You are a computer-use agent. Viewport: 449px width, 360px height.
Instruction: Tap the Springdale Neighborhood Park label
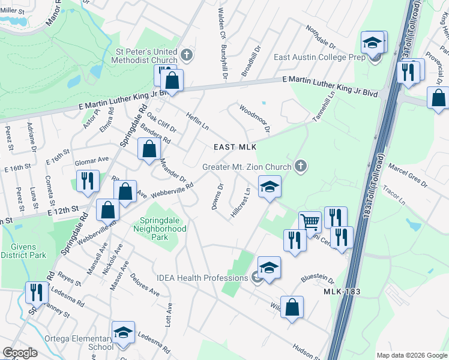[x=163, y=229]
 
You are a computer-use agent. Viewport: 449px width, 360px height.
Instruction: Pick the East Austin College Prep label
[x=319, y=58]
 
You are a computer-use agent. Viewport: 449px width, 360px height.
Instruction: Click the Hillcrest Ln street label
[x=240, y=203]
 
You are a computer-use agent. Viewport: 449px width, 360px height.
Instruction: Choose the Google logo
[x=20, y=353]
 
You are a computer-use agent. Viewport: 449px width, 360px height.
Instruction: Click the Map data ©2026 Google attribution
[x=412, y=355]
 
